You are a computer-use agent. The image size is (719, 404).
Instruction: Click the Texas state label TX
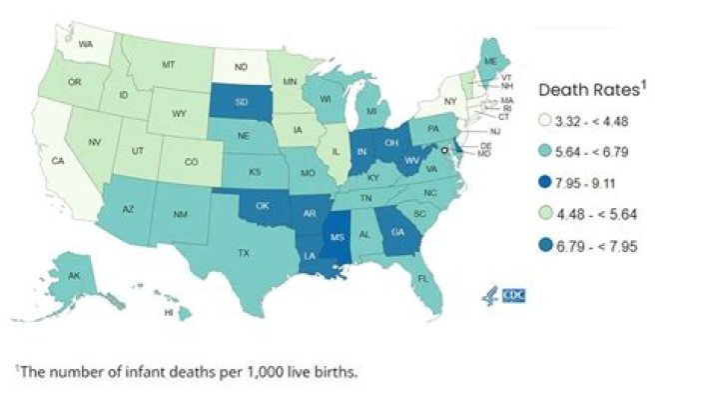click(x=243, y=253)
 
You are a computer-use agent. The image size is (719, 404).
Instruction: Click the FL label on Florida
click(x=423, y=278)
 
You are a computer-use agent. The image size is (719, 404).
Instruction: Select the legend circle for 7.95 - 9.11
click(x=548, y=182)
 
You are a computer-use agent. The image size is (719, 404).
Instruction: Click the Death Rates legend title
click(x=588, y=89)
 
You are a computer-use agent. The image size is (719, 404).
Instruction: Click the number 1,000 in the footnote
click(x=243, y=372)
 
